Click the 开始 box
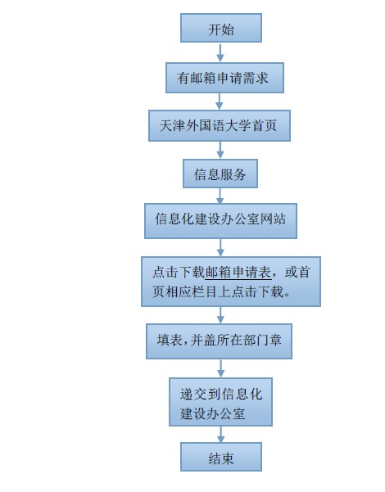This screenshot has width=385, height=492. [x=221, y=28]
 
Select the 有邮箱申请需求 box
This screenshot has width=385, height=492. [x=224, y=78]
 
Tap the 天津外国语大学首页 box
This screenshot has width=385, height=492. [x=220, y=125]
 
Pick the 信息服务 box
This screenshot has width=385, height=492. [x=220, y=174]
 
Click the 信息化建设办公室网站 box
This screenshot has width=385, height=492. [x=221, y=221]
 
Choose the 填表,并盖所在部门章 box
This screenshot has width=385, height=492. [x=220, y=341]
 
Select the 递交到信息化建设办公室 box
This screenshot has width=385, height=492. [x=221, y=402]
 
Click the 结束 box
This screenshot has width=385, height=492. [x=221, y=457]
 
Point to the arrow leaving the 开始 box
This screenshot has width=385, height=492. [x=220, y=52]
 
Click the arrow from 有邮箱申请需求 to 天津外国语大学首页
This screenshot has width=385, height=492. [x=220, y=102]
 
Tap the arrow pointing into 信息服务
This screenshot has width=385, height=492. [x=220, y=150]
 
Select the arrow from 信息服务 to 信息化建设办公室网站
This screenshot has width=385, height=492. [x=220, y=196]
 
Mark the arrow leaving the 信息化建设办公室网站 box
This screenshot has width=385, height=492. [x=220, y=247]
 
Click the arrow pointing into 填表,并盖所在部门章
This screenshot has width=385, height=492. [x=220, y=315]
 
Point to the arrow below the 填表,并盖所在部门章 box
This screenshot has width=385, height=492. [x=221, y=368]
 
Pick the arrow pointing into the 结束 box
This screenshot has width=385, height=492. [x=221, y=434]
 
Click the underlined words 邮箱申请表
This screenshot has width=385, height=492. [x=238, y=273]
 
